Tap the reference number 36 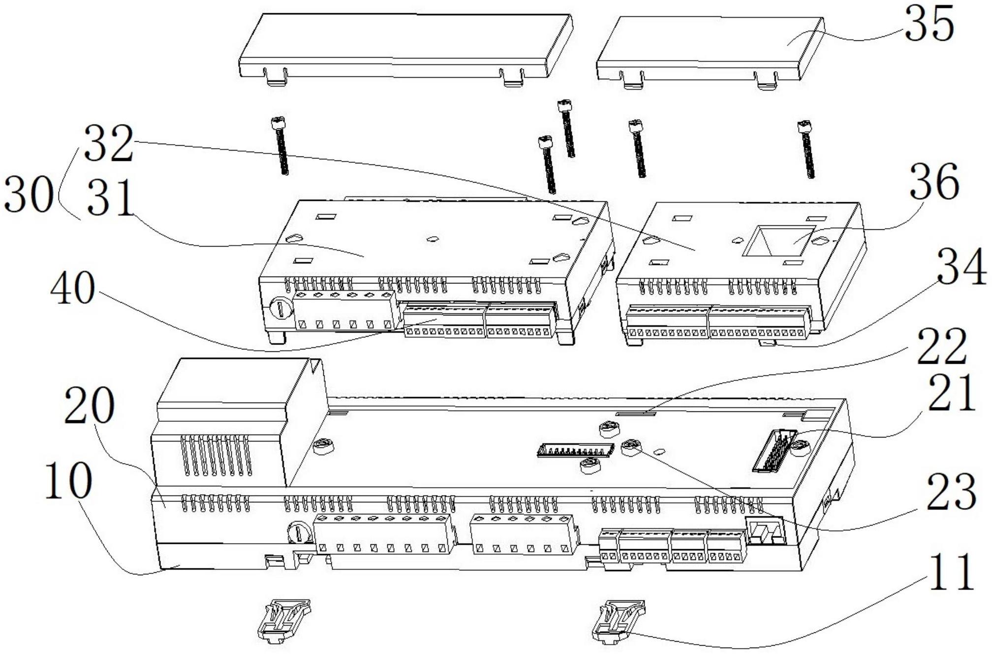click(934, 182)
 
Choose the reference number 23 click(951, 492)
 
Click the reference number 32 click(109, 144)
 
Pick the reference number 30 click(28, 195)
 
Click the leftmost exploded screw click(280, 146)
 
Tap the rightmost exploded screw click(806, 149)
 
